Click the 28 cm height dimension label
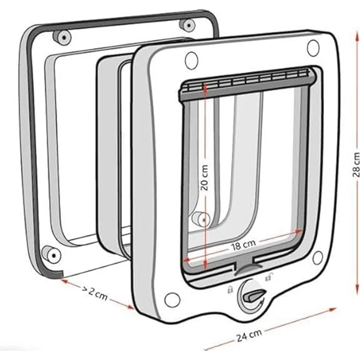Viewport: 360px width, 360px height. click(356, 164)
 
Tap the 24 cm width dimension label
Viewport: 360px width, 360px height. click(249, 335)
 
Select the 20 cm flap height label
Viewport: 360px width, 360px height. click(204, 175)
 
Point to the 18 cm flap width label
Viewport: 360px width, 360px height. click(243, 245)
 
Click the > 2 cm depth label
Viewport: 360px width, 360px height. click(95, 292)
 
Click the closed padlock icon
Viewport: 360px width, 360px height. click(229, 290)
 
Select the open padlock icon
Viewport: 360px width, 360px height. click(269, 277)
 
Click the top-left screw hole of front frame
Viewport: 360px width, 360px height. click(191, 61)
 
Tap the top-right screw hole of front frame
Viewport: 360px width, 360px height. click(313, 48)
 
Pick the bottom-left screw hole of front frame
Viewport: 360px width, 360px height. click(172, 300)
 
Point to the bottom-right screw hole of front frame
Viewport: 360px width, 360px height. click(318, 258)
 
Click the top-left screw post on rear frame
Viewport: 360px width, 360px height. click(62, 37)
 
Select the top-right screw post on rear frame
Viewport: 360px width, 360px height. click(187, 25)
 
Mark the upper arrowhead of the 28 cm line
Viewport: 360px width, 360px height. click(357, 36)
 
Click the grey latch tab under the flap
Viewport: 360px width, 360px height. click(248, 269)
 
